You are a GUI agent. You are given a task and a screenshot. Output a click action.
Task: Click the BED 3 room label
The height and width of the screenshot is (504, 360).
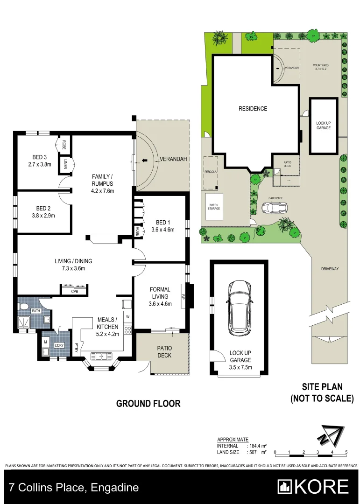pyautogui.click(x=39, y=157)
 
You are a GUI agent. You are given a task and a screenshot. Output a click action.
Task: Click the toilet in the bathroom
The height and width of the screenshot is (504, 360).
pyautogui.click(x=24, y=307)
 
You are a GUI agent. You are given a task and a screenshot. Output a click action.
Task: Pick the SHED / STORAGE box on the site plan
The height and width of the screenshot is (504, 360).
pyautogui.click(x=214, y=206)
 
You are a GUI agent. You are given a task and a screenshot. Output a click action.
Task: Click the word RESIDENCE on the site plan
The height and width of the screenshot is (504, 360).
pyautogui.click(x=253, y=109)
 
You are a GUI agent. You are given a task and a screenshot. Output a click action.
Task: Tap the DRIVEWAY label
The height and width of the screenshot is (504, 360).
pyautogui.click(x=330, y=269)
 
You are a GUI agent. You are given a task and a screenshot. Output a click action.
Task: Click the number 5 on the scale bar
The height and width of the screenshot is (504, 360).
pyautogui.click(x=346, y=452)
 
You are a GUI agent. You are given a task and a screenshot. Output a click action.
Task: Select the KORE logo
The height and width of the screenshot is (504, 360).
pyautogui.click(x=313, y=487)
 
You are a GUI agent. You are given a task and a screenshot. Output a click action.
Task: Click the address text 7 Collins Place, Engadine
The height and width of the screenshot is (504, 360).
pyautogui.click(x=74, y=488)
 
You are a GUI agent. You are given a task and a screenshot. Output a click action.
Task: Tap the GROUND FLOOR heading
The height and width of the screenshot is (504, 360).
pyautogui.click(x=148, y=404)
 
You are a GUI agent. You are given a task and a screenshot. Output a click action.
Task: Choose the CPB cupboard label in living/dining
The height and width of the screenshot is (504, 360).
pyautogui.click(x=74, y=292)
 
